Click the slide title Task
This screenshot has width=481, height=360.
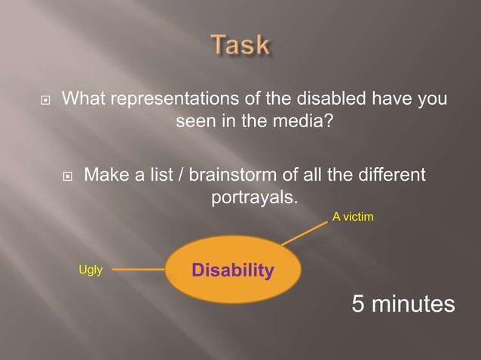click(x=240, y=45)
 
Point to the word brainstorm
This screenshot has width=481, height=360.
click(x=225, y=175)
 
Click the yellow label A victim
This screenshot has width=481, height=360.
click(x=353, y=217)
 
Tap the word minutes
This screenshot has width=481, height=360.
click(x=415, y=304)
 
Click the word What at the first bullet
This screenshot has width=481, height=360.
click(x=81, y=99)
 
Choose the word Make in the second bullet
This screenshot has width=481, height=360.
click(x=105, y=175)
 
